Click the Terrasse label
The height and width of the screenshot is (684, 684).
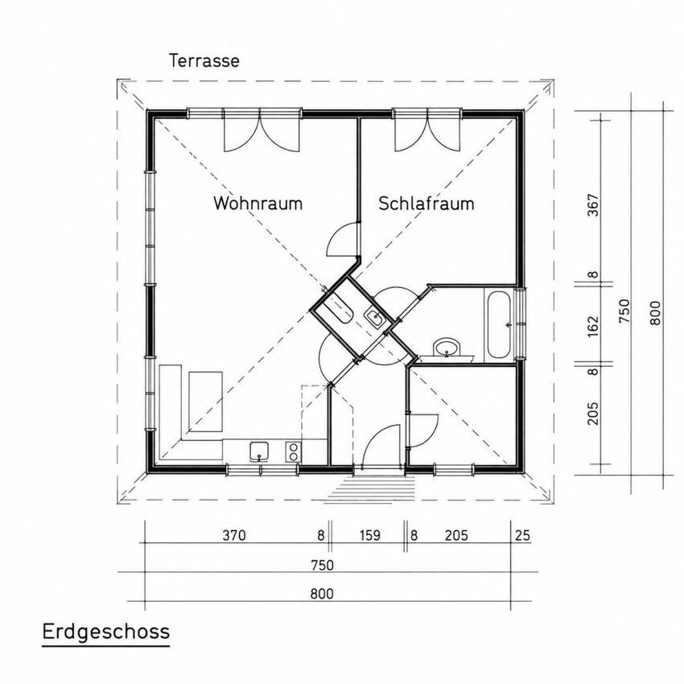[x=204, y=60]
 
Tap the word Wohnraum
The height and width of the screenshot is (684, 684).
[x=258, y=204]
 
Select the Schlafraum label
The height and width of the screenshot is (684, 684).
[x=426, y=204]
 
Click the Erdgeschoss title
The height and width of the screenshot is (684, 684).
[x=106, y=632]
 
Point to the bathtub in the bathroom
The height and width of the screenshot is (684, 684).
[x=499, y=325]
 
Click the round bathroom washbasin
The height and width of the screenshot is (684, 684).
[x=446, y=348]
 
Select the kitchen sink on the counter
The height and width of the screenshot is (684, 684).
[x=259, y=451]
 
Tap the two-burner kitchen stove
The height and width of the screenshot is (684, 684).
[x=293, y=451]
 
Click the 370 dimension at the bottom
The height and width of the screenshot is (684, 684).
[x=234, y=535]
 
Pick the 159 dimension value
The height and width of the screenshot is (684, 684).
[x=370, y=535]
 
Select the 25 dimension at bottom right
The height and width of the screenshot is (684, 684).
[x=522, y=535]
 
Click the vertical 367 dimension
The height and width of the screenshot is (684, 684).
[x=593, y=205]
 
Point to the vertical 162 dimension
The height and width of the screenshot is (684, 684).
[x=593, y=326]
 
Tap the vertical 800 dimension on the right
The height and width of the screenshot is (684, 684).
[x=655, y=313]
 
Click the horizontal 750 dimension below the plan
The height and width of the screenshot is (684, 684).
[x=323, y=566]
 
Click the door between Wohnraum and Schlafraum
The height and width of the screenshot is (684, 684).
[x=343, y=240]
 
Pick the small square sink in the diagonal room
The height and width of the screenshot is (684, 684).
[x=374, y=317]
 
